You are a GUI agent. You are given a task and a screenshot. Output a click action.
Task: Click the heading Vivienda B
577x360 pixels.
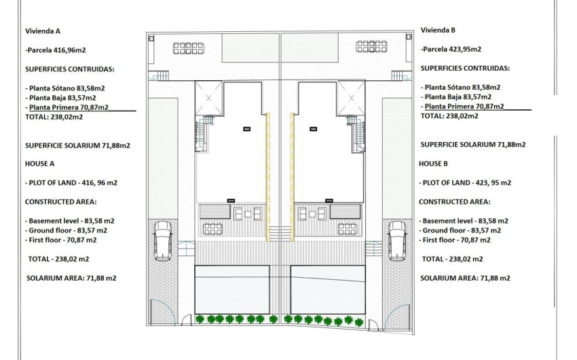coord(438,30)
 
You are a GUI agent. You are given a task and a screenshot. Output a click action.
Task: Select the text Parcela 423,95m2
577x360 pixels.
coord(452,50)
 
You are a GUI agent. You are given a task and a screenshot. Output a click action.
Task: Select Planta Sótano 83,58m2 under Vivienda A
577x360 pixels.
coord(68,88)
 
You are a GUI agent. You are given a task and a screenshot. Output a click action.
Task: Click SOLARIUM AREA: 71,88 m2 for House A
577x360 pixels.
coord(71,278)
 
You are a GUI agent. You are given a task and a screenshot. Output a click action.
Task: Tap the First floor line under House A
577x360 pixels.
coord(62,240)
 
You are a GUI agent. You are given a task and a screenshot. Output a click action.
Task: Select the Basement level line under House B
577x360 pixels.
coord(466,221)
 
